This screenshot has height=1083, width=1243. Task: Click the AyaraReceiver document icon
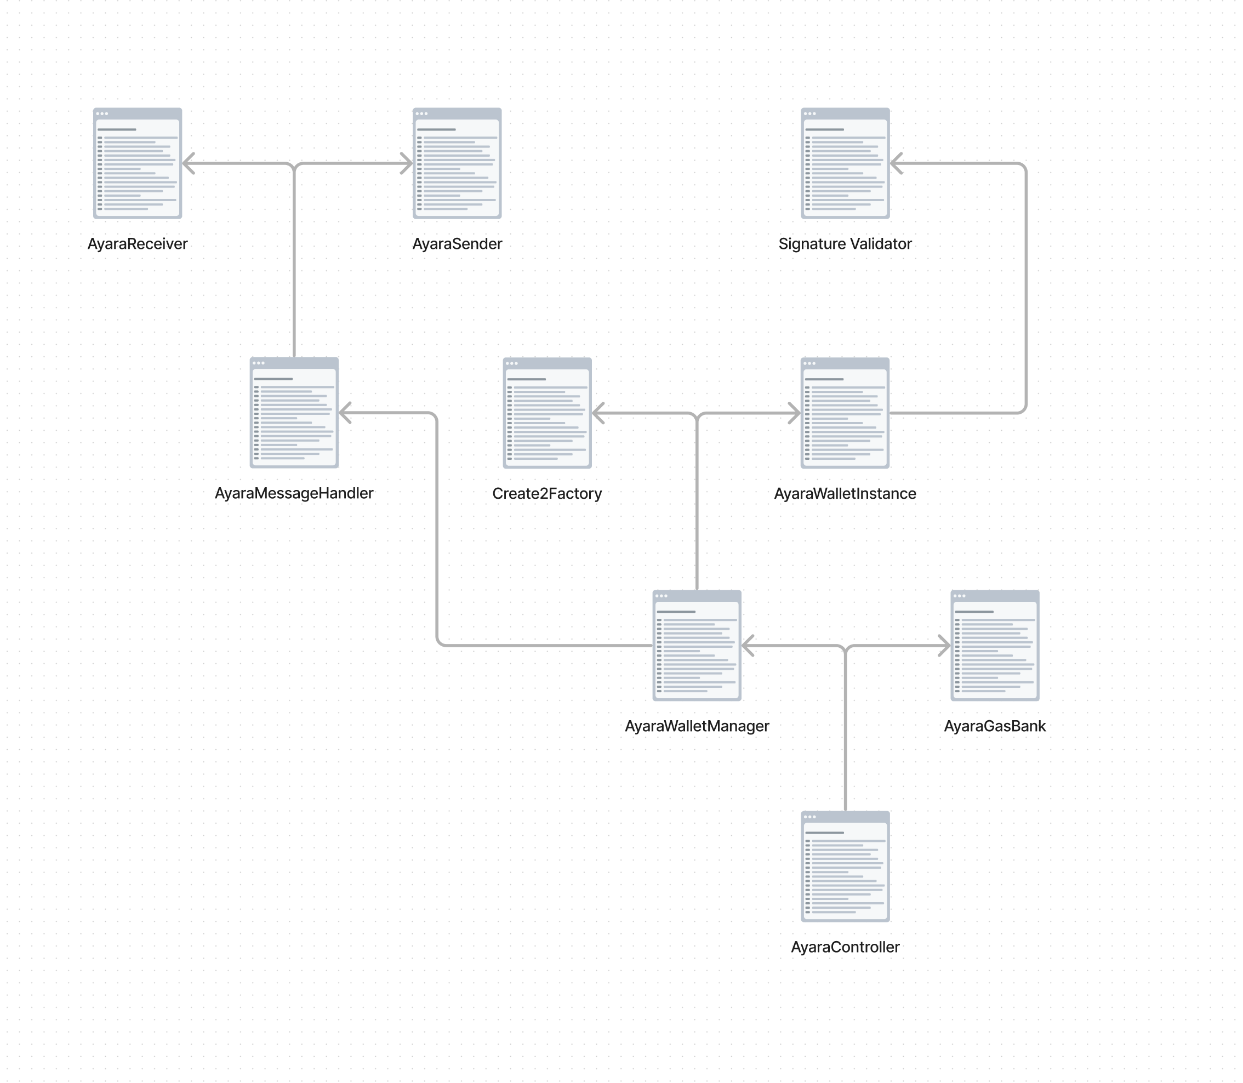(137, 163)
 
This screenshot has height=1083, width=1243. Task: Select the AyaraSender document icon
(457, 163)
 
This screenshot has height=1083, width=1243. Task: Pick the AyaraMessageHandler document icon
(294, 413)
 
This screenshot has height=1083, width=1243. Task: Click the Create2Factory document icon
(547, 413)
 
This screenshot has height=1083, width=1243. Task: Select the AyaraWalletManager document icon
(697, 646)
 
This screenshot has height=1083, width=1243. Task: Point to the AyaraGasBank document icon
(995, 646)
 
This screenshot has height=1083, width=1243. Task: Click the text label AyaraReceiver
(137, 243)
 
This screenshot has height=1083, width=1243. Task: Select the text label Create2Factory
(547, 493)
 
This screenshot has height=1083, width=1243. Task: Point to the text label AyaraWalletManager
(697, 726)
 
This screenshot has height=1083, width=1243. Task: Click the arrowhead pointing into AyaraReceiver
(188, 163)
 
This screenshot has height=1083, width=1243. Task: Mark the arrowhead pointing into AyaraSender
(407, 163)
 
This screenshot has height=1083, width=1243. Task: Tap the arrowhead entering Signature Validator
(896, 163)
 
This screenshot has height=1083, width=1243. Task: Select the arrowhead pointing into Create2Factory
(597, 413)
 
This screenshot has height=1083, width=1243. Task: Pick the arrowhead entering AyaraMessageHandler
(344, 413)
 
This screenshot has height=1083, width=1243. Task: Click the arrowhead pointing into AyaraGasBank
(944, 646)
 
